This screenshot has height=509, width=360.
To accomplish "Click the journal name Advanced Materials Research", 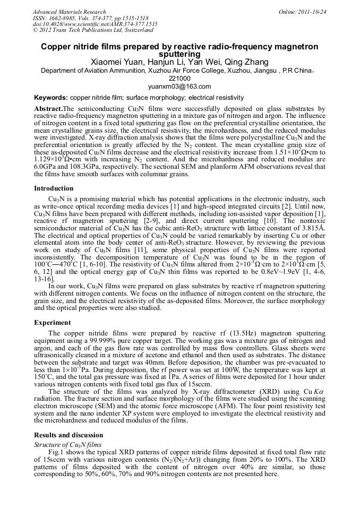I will pyautogui.click(x=69, y=12).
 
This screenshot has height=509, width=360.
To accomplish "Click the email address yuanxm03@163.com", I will pyautogui.click(x=180, y=87).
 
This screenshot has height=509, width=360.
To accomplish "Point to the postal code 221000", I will pyautogui.click(x=179, y=79).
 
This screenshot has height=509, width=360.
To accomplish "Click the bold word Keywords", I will pyautogui.click(x=50, y=98).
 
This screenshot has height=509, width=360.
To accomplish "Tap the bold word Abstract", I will pyautogui.click(x=48, y=108).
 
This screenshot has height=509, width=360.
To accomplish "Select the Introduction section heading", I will pyautogui.click(x=54, y=188).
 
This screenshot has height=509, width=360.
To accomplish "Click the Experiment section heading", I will pyautogui.click(x=53, y=322).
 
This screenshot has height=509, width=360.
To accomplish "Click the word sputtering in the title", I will pyautogui.click(x=180, y=54).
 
